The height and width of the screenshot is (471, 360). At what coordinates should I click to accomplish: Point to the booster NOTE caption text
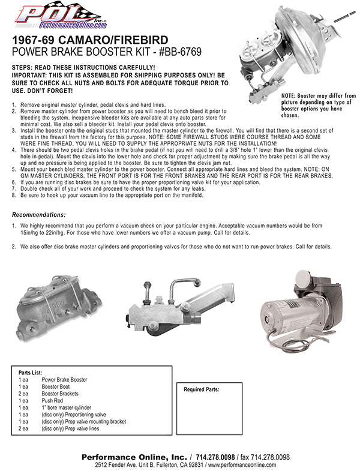pos(318,106)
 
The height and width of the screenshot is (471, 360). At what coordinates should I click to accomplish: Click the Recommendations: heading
pos(39,215)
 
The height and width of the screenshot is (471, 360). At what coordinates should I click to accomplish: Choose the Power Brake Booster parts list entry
pos(64,380)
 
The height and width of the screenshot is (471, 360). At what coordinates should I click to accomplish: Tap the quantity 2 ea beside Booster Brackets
pos(23,394)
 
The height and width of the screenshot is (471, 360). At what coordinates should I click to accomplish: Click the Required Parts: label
pos(201,389)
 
